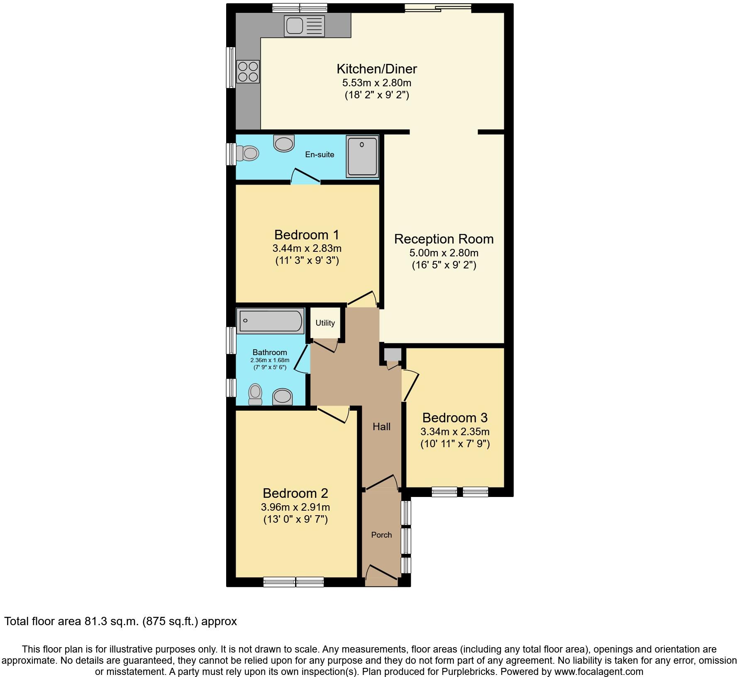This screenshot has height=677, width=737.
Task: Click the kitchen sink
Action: [x=304, y=25]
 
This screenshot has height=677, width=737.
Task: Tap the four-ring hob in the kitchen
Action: [x=248, y=71]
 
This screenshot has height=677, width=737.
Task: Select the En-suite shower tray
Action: [x=363, y=156]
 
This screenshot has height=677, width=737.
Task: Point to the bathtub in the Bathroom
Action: [x=270, y=321]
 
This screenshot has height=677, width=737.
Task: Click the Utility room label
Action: [x=325, y=323]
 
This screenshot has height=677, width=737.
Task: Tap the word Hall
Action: [x=381, y=426]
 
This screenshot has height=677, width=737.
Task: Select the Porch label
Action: [x=381, y=535]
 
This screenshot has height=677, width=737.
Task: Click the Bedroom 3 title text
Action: [x=455, y=417]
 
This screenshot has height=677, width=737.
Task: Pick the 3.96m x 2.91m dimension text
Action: [x=295, y=507]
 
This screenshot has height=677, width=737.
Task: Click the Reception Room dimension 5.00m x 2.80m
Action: [x=444, y=253]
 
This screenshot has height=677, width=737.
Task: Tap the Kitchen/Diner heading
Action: [x=376, y=68]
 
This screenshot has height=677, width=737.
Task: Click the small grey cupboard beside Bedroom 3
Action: [x=393, y=355]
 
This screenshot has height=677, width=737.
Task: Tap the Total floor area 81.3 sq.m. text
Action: [x=120, y=621]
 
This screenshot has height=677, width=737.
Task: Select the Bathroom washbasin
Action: [x=283, y=397]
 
